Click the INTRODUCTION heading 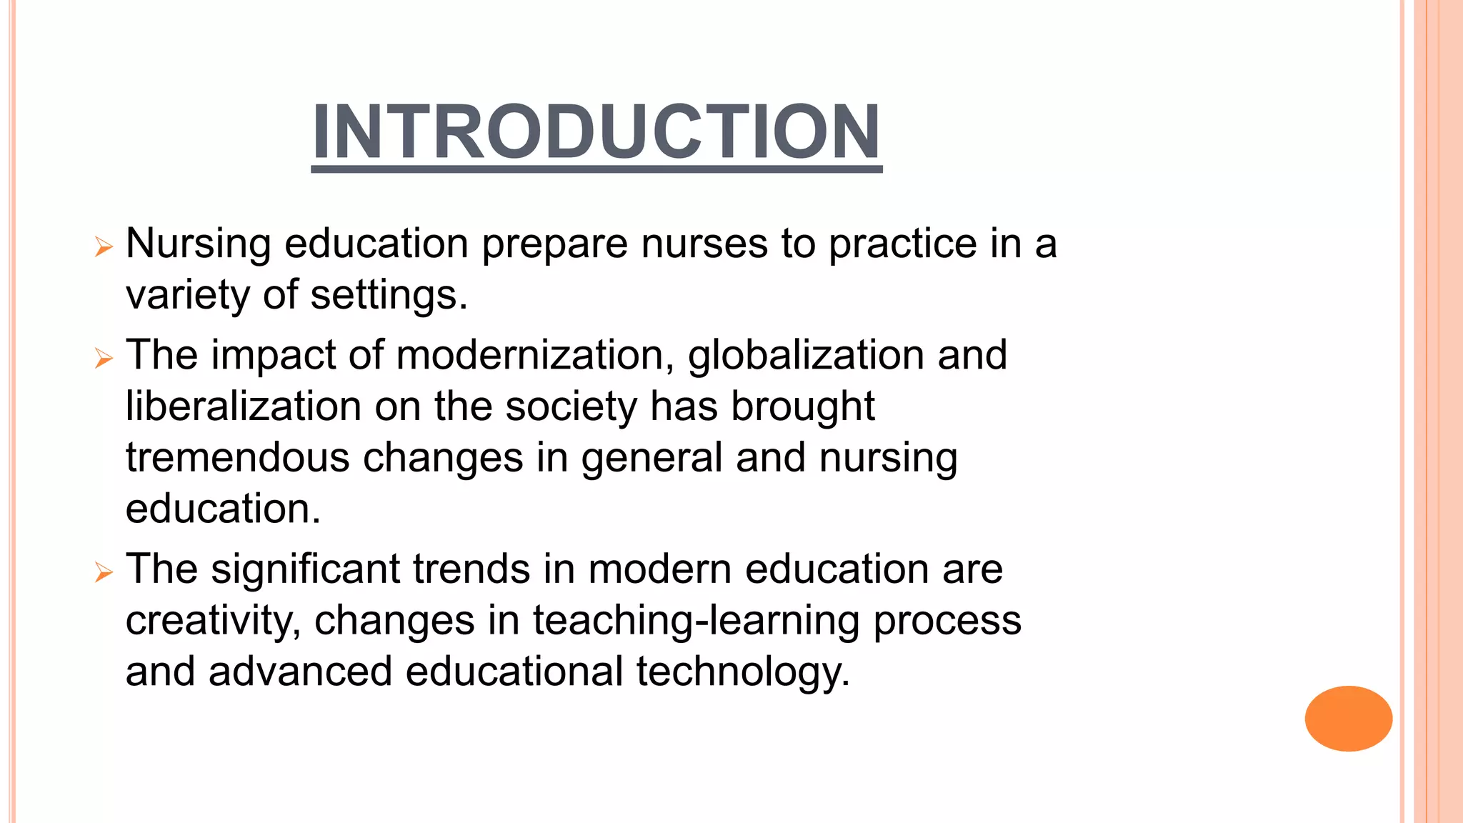coord(596,132)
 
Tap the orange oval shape coord(1348,718)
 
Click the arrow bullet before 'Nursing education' coord(104,247)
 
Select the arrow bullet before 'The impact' coord(104,358)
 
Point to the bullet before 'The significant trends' coord(104,572)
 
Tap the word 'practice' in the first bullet coord(902,245)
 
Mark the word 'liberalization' coord(243,406)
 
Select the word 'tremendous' coord(237,458)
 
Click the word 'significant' coord(305,569)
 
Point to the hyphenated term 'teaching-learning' coord(696,621)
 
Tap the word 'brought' coord(803,406)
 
